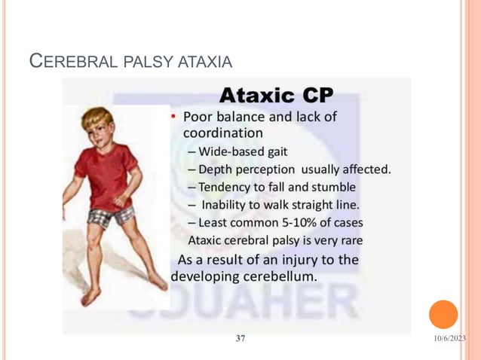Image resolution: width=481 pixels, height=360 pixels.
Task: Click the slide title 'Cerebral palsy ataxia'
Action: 130,60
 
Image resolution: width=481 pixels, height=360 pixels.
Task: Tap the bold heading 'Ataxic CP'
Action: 276,96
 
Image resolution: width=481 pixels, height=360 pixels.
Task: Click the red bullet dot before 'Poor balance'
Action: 173,117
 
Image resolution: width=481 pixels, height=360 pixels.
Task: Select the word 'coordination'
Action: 222,132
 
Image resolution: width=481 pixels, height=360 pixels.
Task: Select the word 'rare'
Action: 349,240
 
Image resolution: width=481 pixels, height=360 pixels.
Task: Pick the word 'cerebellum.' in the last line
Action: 279,276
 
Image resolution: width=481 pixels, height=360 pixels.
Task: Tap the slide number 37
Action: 240,338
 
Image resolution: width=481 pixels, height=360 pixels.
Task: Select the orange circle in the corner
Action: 443,314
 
